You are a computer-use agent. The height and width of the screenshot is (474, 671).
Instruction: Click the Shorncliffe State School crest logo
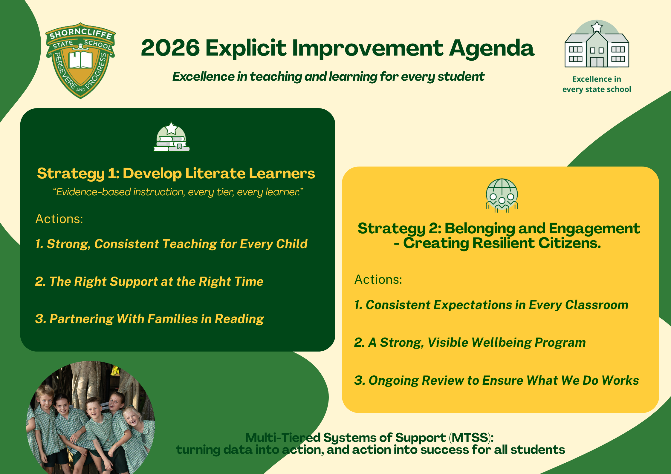tap(80, 61)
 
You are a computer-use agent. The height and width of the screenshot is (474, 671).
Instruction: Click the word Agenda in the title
tap(492, 49)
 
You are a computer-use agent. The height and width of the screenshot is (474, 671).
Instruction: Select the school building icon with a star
tap(597, 44)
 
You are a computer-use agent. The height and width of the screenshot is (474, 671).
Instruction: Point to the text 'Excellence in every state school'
tap(597, 84)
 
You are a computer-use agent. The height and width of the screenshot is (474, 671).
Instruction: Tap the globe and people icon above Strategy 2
tap(502, 195)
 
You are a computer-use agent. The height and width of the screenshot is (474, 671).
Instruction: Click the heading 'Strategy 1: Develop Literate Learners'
tap(176, 174)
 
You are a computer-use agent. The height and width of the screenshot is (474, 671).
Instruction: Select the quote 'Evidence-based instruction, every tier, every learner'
tap(178, 192)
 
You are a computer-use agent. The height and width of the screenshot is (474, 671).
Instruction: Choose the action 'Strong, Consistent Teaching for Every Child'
tap(171, 244)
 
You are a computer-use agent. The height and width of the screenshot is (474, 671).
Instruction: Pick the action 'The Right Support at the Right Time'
tap(149, 282)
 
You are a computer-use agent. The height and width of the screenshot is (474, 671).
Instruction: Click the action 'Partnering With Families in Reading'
tap(149, 319)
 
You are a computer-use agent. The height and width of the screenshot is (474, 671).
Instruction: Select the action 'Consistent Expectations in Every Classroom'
tap(491, 305)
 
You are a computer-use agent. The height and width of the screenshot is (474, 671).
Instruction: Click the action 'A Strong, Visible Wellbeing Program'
tap(470, 343)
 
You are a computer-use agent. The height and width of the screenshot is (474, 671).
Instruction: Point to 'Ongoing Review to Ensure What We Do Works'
tap(496, 381)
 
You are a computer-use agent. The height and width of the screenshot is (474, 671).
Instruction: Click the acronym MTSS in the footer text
tap(470, 438)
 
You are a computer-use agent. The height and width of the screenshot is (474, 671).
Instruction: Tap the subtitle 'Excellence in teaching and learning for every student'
tap(328, 77)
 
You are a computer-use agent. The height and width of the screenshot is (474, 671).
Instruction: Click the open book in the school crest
tap(81, 59)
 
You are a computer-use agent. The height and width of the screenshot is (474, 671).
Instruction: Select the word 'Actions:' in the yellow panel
tap(378, 280)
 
